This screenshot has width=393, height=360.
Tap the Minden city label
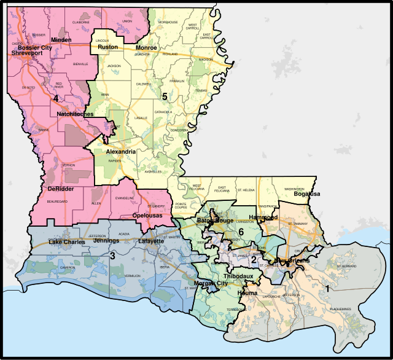[61, 40]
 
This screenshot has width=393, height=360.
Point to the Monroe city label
[146, 47]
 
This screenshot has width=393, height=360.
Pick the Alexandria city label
[120, 151]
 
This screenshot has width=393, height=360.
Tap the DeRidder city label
[60, 189]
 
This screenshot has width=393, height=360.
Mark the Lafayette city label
[150, 241]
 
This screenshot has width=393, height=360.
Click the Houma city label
[247, 293]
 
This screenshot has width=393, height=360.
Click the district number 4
[55, 98]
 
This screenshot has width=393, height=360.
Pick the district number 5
[165, 96]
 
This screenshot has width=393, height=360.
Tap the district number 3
[112, 255]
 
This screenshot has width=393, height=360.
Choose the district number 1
[327, 288]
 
